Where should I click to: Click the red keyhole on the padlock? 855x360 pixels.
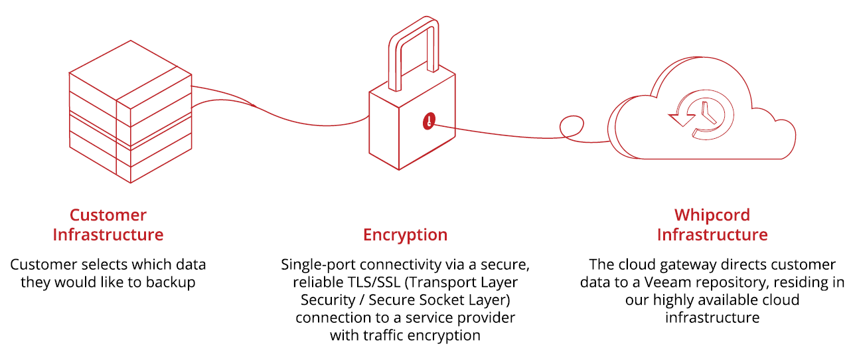coord(429,121)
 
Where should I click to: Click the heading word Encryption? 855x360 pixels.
coord(405,234)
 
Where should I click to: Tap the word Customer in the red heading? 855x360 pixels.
coord(108,215)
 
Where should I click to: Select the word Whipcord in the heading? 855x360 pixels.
coord(712,215)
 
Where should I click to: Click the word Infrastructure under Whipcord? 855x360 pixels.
coord(712,234)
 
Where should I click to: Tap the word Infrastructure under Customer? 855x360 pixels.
coord(108,234)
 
